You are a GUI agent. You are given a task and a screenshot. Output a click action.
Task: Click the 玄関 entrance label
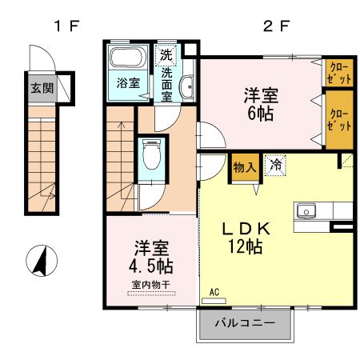pyautogui.click(x=42, y=88)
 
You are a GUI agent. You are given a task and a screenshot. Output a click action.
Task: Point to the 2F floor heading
pyautogui.click(x=274, y=25)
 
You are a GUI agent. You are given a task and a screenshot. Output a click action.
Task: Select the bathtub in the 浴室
pyautogui.click(x=126, y=58)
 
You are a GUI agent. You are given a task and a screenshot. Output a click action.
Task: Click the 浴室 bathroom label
pyautogui.click(x=127, y=82)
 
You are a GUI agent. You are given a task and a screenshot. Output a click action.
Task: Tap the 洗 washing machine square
pyautogui.click(x=166, y=56)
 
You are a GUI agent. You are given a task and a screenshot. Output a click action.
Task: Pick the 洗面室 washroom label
pyautogui.click(x=166, y=84)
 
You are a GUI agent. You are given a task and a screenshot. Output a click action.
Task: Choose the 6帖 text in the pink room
pyautogui.click(x=261, y=113)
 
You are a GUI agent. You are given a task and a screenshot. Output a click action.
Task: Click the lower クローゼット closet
pyautogui.click(x=338, y=119)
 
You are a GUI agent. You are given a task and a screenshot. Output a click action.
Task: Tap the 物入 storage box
pyautogui.click(x=244, y=167)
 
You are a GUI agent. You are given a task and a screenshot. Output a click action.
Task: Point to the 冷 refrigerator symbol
pyautogui.click(x=274, y=166)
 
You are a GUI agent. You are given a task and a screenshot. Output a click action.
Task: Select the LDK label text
pyautogui.click(x=247, y=228)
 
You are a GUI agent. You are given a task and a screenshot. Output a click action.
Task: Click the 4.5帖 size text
pyautogui.click(x=152, y=265)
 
